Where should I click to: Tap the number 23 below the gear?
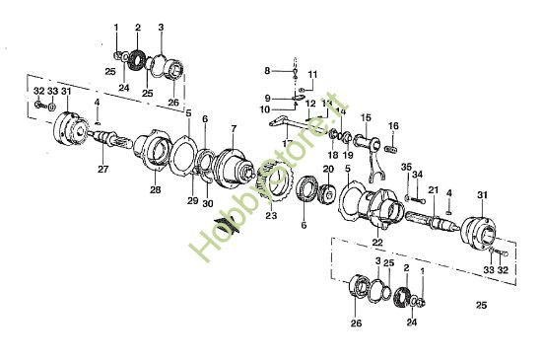[x=271, y=215]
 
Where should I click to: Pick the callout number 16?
[x=393, y=126]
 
